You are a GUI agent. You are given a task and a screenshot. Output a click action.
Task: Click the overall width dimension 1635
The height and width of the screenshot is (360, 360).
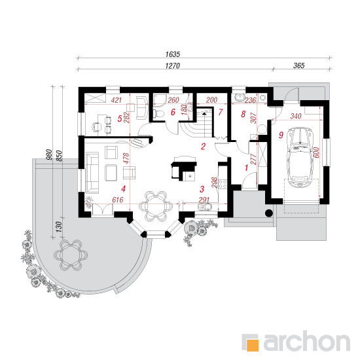(173, 54)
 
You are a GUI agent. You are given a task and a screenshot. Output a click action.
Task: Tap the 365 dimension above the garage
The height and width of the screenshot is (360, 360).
(298, 65)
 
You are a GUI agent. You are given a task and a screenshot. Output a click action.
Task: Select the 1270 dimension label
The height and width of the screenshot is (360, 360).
(172, 66)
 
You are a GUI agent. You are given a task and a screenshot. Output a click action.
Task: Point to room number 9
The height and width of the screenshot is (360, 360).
(281, 135)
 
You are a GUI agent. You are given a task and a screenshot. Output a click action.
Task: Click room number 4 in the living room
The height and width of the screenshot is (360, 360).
(123, 189)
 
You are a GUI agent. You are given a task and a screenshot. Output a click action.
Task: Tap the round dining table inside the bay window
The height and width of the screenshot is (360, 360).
(156, 206)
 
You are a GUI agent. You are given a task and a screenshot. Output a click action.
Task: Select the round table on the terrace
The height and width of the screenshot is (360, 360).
(71, 255)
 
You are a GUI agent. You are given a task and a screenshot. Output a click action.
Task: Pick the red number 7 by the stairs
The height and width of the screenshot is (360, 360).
(221, 112)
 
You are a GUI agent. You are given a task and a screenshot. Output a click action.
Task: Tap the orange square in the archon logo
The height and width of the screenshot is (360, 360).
(253, 344)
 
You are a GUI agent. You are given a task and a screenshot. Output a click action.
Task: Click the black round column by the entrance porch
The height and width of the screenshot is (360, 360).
(268, 213)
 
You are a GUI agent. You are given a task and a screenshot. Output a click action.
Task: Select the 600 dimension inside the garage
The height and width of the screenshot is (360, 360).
(316, 153)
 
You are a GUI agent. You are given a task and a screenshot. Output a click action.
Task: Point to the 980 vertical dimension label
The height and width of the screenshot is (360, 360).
(49, 154)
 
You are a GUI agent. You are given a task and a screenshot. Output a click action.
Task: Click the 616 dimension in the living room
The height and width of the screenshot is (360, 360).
(118, 200)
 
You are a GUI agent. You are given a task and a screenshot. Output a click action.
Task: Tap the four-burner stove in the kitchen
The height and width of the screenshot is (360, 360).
(223, 184)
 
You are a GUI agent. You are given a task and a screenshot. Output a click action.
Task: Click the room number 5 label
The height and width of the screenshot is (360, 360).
(120, 118)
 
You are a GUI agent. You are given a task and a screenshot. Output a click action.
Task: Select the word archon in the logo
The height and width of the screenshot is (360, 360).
(307, 342)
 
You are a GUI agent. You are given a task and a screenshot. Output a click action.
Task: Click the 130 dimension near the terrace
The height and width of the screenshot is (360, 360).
(59, 226)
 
